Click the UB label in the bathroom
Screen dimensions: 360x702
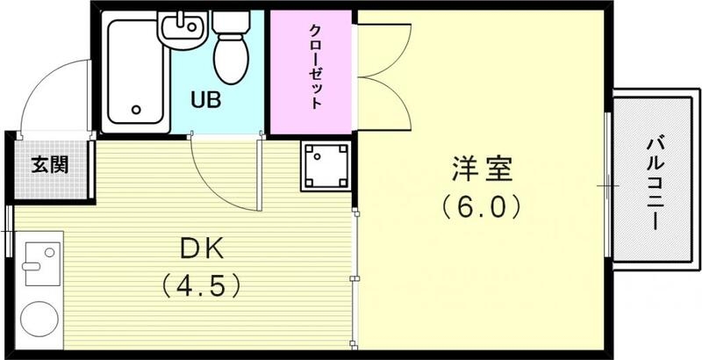click(x=208, y=99)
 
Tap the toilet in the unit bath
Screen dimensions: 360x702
click(x=233, y=54)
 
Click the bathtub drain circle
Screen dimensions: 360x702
click(x=136, y=110)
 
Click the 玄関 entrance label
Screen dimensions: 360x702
click(x=51, y=164)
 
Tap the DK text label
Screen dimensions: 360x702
click(x=201, y=248)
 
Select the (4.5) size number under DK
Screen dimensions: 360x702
click(x=201, y=285)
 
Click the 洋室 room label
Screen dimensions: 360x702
click(x=482, y=167)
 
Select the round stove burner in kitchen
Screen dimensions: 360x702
click(x=37, y=319)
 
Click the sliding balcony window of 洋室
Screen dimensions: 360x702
click(x=609, y=185)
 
